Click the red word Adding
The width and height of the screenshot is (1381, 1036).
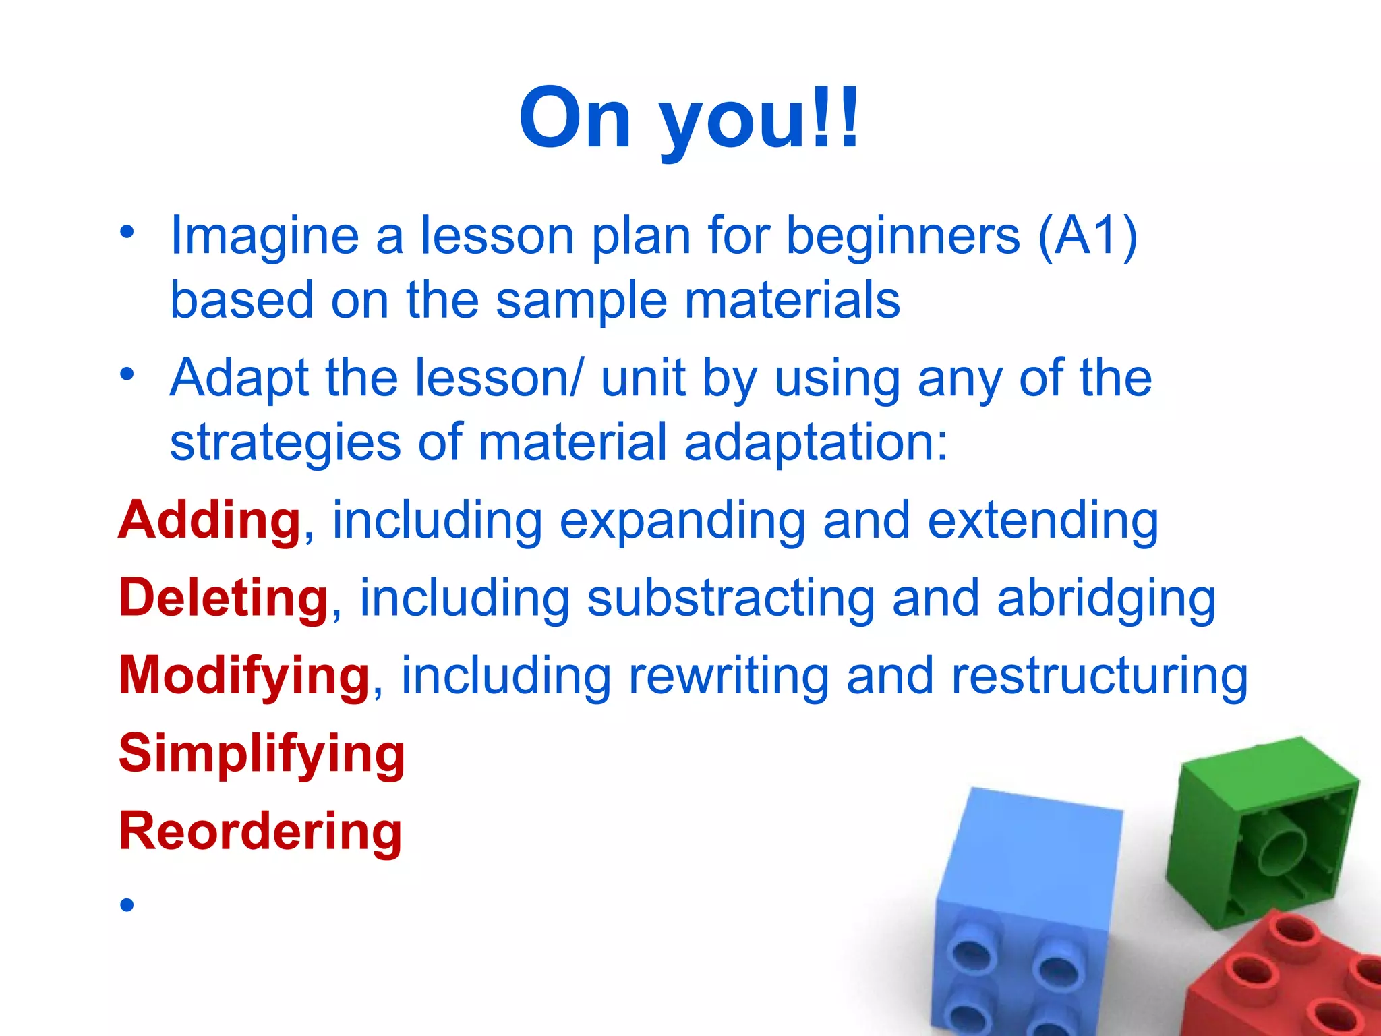210,521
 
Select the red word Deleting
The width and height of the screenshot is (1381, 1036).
223,598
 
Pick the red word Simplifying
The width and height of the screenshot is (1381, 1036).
262,754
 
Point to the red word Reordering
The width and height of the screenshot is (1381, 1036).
260,832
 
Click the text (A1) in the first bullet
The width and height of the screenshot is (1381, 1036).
1087,235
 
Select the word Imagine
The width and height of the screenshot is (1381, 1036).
264,237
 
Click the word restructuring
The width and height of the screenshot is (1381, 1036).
1099,676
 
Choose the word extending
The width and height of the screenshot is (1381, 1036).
1042,521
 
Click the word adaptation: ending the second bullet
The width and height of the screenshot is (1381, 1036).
816,443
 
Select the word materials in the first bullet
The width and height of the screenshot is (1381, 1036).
792,300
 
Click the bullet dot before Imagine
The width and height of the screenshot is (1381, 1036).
127,232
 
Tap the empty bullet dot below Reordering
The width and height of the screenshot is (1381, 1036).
127,904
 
